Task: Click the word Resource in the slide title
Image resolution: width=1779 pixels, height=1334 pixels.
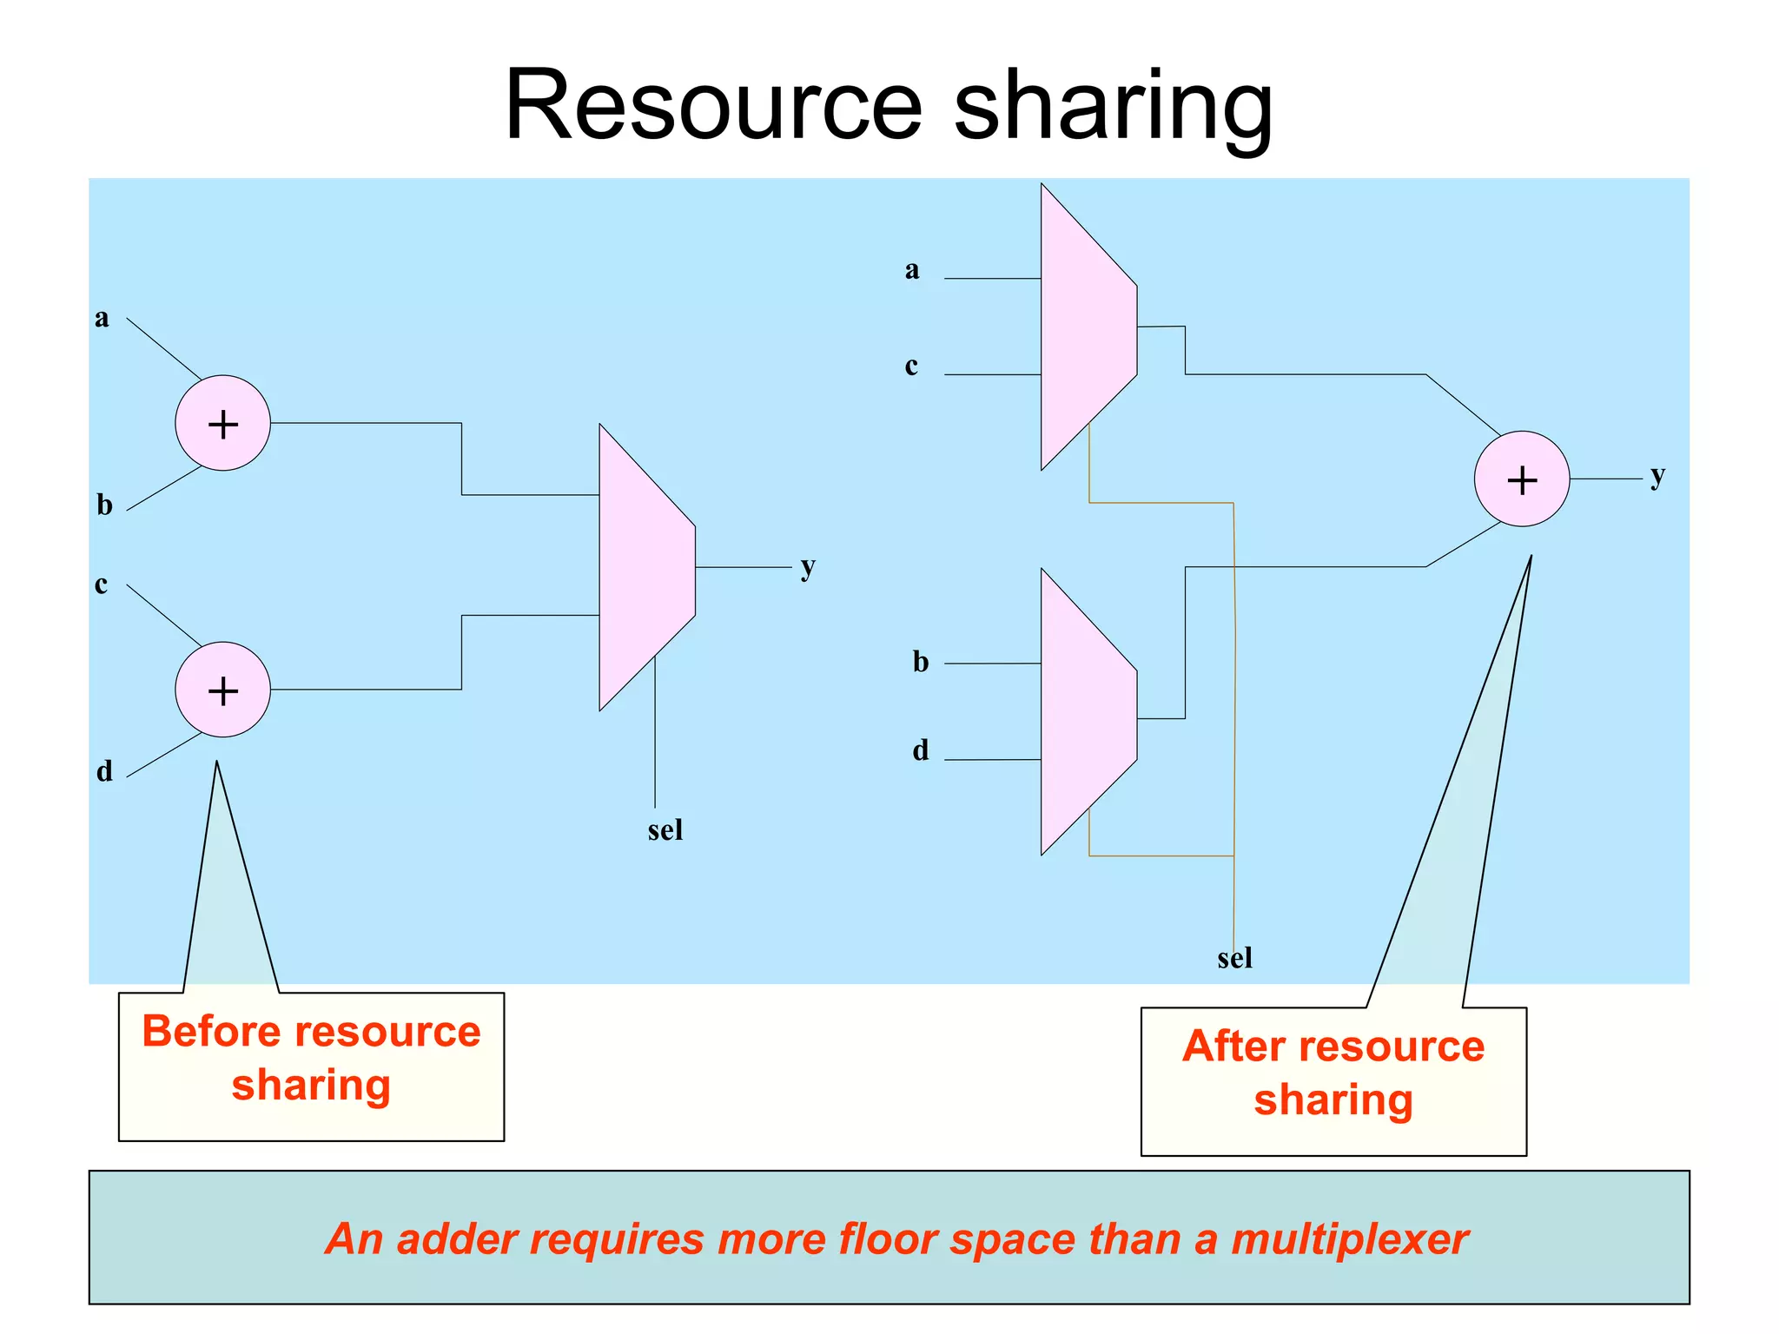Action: click(712, 106)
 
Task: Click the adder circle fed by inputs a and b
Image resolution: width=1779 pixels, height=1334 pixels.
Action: click(222, 423)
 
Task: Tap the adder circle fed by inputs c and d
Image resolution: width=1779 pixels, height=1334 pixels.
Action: click(222, 690)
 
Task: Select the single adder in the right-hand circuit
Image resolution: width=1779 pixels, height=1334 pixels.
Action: click(1521, 479)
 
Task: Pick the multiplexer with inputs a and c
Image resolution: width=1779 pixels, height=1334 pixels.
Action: click(1087, 327)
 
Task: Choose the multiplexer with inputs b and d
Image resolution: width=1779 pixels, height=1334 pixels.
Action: click(1087, 712)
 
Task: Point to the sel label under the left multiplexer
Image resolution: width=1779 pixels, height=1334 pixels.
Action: click(665, 830)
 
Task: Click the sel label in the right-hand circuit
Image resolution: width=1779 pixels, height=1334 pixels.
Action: click(1234, 959)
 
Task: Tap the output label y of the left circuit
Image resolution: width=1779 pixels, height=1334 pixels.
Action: click(808, 567)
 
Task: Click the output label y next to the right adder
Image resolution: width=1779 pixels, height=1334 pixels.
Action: click(1657, 476)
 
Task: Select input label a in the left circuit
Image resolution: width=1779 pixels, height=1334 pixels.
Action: click(102, 318)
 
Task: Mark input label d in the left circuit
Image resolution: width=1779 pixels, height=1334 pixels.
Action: click(104, 771)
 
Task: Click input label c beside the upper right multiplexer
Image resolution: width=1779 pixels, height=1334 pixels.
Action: click(910, 367)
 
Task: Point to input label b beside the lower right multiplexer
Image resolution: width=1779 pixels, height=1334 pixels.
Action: click(920, 662)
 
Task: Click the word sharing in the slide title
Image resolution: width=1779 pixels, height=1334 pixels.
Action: click(1113, 106)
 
